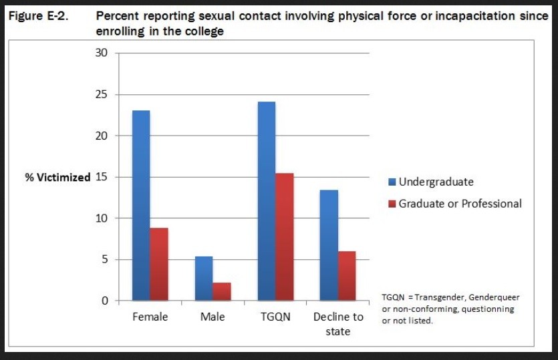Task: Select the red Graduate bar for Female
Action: pos(158,264)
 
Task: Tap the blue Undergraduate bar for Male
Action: pos(203,279)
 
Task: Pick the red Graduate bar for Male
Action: pos(221,292)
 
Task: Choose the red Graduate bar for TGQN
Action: pos(284,237)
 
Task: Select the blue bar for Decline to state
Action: pos(328,245)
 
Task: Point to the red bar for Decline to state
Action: pos(346,276)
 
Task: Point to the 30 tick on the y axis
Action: pos(102,53)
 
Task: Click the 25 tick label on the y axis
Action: pos(102,94)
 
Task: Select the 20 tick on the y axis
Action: pos(102,136)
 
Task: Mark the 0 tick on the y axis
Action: pos(104,301)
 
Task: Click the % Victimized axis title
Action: pos(57,178)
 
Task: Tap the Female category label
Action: pos(150,317)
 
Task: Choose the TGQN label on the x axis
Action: pos(275,317)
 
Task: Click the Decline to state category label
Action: pos(338,324)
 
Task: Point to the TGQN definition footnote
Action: pos(450,309)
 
